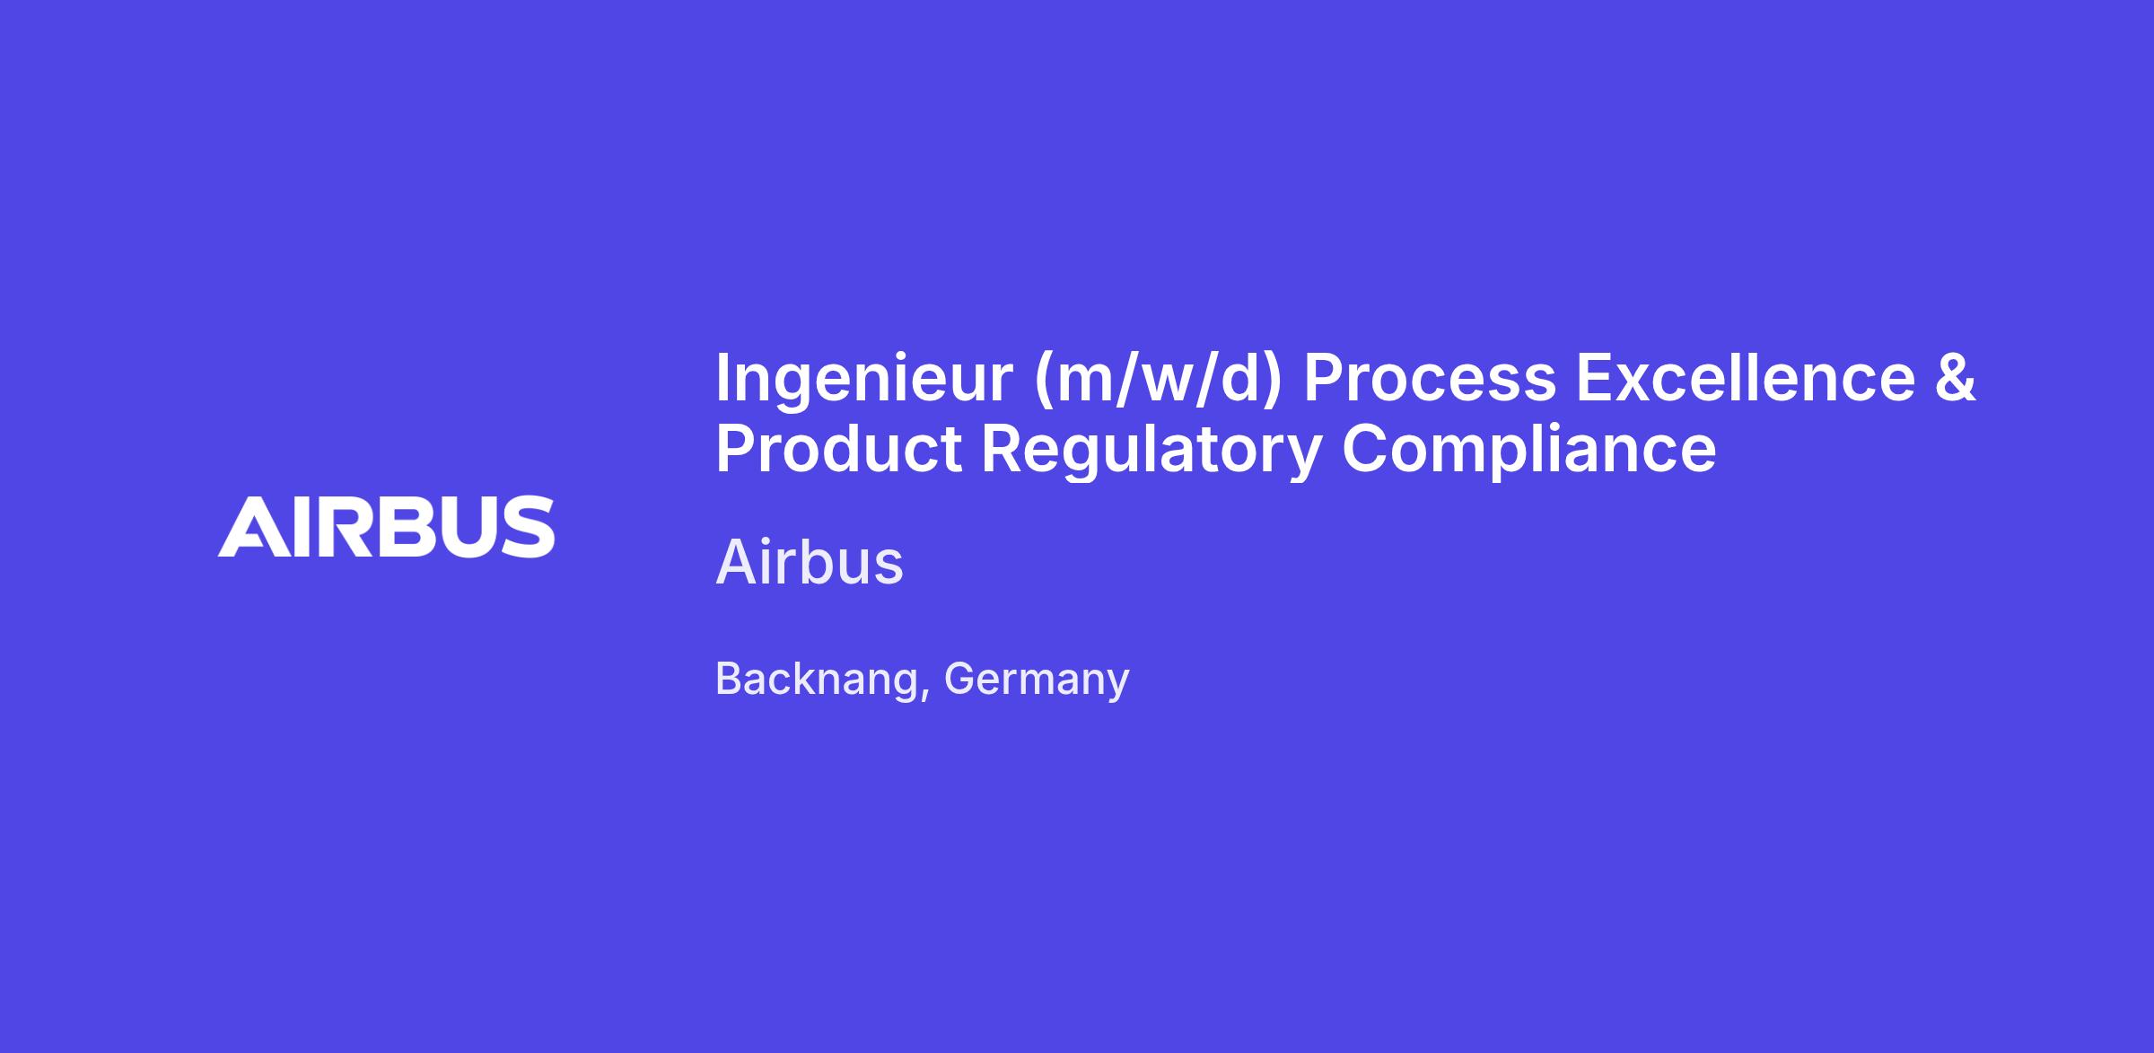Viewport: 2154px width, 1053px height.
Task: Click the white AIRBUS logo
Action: (x=386, y=526)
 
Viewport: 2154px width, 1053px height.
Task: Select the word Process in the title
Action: (x=1430, y=378)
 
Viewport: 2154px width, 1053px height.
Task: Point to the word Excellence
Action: (x=1747, y=377)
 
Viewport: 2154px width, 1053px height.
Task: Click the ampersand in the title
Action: (x=1956, y=377)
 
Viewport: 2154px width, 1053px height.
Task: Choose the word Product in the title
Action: (x=838, y=448)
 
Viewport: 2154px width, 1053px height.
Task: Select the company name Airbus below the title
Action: (x=810, y=563)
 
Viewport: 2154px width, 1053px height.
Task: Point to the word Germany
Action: (x=1037, y=680)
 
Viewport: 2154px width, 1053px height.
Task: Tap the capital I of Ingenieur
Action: (x=722, y=378)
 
